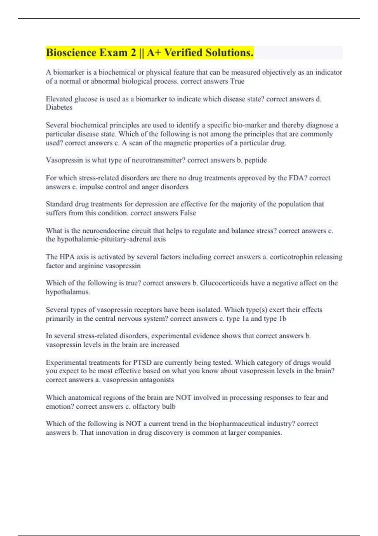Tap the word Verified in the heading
coord(183,53)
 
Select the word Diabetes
coord(59,108)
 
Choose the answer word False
coord(188,213)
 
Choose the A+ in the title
coord(154,53)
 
